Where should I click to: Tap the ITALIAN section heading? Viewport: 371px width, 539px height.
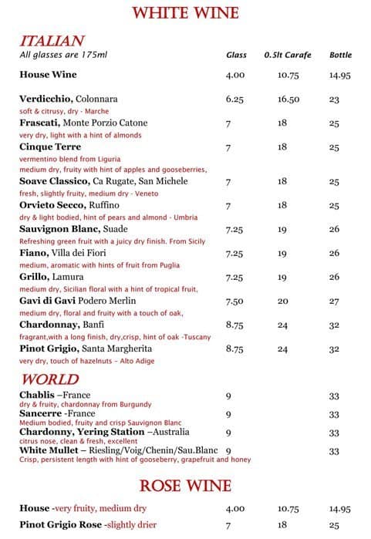pyautogui.click(x=52, y=41)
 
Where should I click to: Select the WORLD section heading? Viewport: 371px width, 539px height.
pyautogui.click(x=49, y=379)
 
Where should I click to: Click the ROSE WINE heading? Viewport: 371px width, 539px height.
pyautogui.click(x=185, y=486)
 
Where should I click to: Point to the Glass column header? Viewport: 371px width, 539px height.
pyautogui.click(x=236, y=56)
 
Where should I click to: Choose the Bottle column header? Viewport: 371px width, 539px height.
pyautogui.click(x=340, y=56)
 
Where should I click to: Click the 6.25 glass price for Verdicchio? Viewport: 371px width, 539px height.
pyautogui.click(x=235, y=99)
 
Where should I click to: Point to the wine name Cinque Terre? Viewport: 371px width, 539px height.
pyautogui.click(x=50, y=147)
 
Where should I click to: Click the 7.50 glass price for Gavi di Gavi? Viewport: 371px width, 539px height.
pyautogui.click(x=235, y=302)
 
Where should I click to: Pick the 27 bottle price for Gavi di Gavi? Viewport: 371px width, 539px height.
pyautogui.click(x=335, y=302)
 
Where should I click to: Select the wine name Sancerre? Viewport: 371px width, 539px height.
pyautogui.click(x=40, y=414)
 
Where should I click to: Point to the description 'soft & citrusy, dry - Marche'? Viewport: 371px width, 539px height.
pyautogui.click(x=64, y=111)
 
